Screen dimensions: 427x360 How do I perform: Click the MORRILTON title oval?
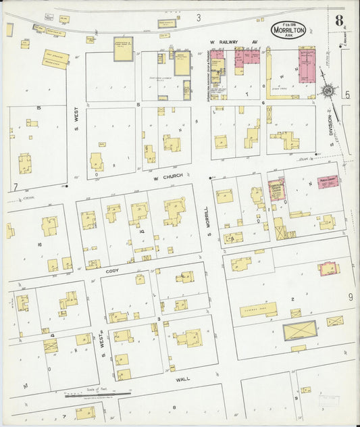[x=290, y=30]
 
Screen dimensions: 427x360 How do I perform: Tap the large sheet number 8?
[x=338, y=19]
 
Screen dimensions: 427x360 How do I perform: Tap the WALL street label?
[x=183, y=379]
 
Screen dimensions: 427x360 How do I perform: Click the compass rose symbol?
[x=327, y=90]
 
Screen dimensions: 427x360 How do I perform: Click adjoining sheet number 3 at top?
[x=199, y=16]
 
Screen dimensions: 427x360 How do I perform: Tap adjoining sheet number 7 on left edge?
[x=15, y=186]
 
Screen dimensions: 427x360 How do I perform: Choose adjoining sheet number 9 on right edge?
[x=351, y=297]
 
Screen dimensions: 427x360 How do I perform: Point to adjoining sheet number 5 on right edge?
[x=347, y=95]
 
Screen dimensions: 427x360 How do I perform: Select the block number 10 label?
[x=143, y=230]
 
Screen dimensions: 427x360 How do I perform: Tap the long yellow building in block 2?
[x=258, y=310]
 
